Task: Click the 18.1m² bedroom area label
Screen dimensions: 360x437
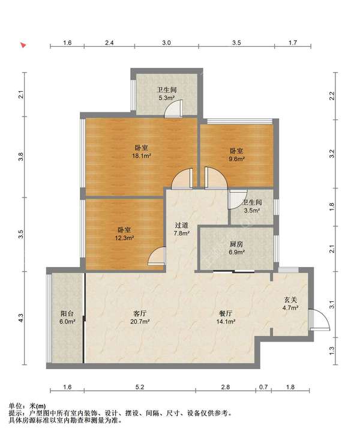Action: point(141,152)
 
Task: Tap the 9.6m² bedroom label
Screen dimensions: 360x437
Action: point(236,155)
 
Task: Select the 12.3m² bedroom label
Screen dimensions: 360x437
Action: point(124,234)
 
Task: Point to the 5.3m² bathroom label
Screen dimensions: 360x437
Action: point(167,94)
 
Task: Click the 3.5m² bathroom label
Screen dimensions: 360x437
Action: point(252,206)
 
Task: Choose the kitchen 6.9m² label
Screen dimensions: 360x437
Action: point(236,249)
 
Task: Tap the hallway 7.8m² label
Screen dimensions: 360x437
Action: point(181,229)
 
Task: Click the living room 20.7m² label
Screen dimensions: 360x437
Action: point(140,318)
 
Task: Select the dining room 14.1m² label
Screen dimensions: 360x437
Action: point(226,318)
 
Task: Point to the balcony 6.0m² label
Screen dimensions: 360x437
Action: point(67,318)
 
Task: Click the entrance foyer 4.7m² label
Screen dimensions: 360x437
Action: point(290,304)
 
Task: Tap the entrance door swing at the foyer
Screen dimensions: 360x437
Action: point(319,319)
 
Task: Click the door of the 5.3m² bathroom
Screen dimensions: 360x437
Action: point(173,109)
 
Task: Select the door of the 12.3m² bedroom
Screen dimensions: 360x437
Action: point(157,256)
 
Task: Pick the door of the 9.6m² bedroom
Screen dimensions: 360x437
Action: point(216,178)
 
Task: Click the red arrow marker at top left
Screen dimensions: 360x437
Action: point(23,45)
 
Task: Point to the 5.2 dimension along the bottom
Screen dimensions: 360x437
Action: point(140,387)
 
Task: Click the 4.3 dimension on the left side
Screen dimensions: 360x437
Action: point(21,318)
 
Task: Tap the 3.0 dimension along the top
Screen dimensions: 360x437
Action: point(167,43)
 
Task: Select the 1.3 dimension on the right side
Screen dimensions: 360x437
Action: point(332,351)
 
